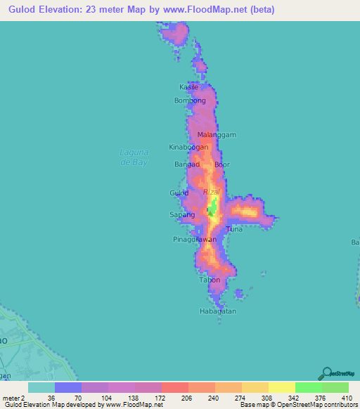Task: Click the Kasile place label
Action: tap(189, 87)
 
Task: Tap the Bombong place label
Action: tap(190, 100)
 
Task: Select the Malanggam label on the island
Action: tap(216, 134)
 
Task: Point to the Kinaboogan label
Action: tap(189, 148)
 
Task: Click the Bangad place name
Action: tap(188, 164)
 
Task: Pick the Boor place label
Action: tap(222, 164)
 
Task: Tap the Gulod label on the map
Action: tap(179, 193)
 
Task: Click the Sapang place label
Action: tap(182, 214)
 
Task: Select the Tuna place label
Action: tap(234, 230)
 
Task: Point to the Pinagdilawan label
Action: tap(195, 240)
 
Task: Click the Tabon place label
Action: tap(210, 280)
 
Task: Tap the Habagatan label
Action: tap(217, 311)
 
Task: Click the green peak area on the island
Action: tap(213, 208)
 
